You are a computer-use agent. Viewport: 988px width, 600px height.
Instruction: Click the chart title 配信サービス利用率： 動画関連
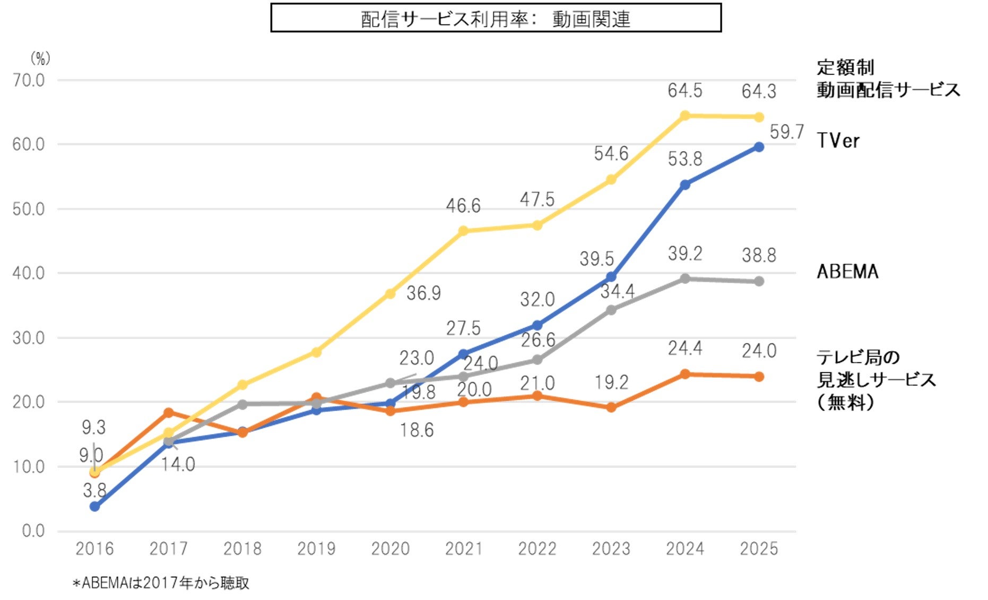[496, 19]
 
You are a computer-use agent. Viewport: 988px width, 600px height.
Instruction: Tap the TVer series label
[838, 141]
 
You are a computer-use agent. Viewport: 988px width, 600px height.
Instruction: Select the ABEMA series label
[847, 272]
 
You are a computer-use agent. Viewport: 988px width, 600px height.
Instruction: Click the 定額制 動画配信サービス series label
[888, 79]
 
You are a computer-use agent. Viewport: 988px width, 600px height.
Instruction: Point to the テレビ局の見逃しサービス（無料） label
[876, 379]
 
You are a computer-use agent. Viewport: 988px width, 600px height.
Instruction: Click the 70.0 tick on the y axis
[29, 81]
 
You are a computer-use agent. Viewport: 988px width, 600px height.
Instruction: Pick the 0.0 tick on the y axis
[33, 531]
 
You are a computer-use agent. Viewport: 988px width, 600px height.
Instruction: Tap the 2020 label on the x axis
[390, 549]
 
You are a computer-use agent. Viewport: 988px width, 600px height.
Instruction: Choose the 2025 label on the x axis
[759, 549]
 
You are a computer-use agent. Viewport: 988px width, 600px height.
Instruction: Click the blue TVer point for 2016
[95, 507]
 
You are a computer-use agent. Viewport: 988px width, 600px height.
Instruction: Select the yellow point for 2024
[685, 116]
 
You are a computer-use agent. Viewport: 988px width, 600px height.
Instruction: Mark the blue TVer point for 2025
[759, 147]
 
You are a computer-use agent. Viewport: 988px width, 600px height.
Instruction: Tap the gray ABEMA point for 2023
[611, 310]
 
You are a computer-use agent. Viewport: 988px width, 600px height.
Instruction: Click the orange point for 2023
[611, 407]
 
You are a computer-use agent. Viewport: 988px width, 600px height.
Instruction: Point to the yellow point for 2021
[463, 231]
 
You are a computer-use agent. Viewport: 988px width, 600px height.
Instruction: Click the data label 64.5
[684, 91]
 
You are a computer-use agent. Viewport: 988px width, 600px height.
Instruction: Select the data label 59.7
[787, 132]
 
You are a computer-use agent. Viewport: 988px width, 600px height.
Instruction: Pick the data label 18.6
[417, 430]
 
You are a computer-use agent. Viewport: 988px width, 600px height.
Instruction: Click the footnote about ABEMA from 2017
[161, 583]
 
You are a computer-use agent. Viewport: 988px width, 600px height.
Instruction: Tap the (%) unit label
[40, 58]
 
